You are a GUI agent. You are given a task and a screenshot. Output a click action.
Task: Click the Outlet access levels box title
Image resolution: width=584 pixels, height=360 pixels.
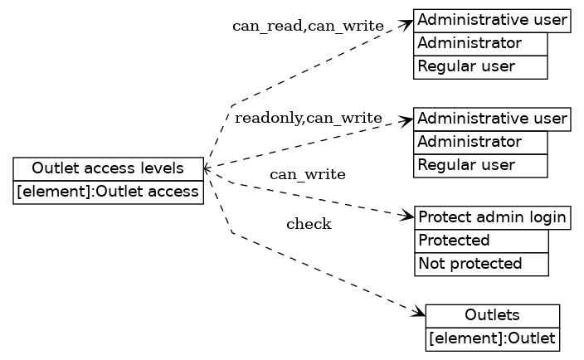click(108, 168)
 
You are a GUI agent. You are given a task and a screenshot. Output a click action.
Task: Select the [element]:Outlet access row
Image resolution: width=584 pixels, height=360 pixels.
click(108, 192)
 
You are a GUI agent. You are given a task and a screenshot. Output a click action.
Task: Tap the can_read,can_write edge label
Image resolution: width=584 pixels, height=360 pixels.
click(308, 26)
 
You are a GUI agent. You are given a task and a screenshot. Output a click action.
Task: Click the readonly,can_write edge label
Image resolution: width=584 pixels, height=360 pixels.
click(308, 118)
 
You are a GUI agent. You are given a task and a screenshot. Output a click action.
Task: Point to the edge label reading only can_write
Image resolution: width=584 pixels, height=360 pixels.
click(308, 174)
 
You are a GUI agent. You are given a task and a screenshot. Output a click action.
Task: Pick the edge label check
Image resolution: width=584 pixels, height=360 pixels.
click(309, 224)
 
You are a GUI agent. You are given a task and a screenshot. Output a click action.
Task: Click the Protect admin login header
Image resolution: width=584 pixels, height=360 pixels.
click(493, 218)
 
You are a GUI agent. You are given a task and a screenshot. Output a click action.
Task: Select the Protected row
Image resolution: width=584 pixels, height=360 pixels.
click(481, 241)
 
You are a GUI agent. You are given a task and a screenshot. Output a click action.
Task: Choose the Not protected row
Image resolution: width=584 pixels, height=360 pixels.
click(481, 265)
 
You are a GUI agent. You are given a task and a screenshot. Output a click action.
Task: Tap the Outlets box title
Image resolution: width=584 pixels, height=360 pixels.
click(492, 315)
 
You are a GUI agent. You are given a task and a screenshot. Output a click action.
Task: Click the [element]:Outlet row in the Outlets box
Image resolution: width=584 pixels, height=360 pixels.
click(492, 339)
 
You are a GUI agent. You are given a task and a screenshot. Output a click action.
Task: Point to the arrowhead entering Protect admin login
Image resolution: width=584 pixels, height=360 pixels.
click(407, 217)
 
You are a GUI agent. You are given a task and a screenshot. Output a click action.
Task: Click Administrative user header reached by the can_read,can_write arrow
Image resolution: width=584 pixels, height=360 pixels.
click(493, 20)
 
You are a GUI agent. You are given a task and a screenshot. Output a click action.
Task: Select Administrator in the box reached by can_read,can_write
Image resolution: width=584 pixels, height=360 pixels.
click(480, 43)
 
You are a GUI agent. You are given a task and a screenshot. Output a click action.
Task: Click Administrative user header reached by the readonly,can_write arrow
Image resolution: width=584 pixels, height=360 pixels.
click(493, 119)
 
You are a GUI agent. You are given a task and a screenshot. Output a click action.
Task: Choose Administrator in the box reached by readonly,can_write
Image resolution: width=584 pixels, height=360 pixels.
click(480, 142)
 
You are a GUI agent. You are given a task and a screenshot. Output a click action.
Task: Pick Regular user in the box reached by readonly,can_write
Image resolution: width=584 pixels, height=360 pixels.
click(480, 165)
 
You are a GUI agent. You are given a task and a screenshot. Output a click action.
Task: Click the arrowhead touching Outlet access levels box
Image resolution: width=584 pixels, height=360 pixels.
click(207, 168)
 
